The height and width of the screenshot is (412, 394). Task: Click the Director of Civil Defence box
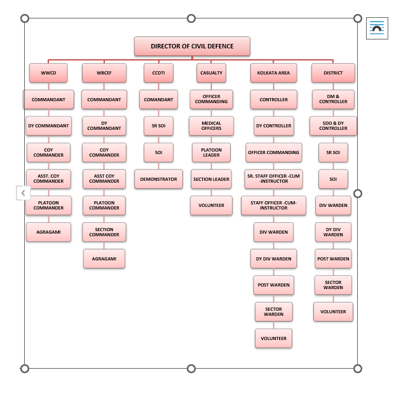click(x=192, y=46)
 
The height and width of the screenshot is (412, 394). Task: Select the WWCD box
click(x=48, y=73)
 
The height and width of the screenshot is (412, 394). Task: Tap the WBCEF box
click(x=104, y=73)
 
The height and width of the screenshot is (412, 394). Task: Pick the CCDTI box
click(x=158, y=73)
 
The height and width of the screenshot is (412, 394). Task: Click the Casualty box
click(x=212, y=73)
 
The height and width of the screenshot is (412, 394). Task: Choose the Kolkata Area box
click(x=273, y=73)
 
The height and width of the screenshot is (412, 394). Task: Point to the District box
click(x=333, y=73)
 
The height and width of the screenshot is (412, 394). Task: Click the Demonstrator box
click(x=158, y=179)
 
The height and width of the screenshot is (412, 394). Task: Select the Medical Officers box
click(x=212, y=125)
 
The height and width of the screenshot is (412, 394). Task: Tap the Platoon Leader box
click(x=212, y=152)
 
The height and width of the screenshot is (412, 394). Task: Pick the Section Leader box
click(x=212, y=179)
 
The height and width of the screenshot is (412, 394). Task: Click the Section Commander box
click(x=104, y=232)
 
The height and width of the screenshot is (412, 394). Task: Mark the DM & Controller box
click(x=333, y=99)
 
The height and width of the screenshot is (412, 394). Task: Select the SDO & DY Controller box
click(x=333, y=125)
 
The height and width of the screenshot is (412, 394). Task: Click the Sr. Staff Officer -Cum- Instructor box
click(x=273, y=179)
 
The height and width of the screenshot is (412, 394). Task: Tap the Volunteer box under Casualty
click(x=212, y=205)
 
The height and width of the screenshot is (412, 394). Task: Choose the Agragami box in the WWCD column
click(x=48, y=232)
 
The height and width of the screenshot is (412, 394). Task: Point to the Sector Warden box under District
click(x=333, y=285)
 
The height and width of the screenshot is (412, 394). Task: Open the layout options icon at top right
click(x=377, y=28)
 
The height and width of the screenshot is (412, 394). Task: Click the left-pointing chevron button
click(x=23, y=193)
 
